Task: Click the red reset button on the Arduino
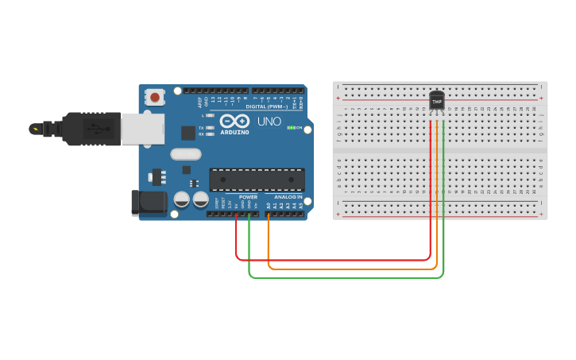click(x=155, y=98)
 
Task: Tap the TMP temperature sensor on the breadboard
click(x=436, y=101)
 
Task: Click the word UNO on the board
click(x=269, y=122)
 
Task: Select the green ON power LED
click(x=291, y=127)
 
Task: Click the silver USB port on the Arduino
click(x=143, y=129)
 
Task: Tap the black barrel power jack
click(x=149, y=203)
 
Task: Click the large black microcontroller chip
click(x=257, y=180)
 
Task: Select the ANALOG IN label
click(x=288, y=196)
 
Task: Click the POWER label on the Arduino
click(x=248, y=196)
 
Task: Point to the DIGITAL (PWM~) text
click(x=267, y=106)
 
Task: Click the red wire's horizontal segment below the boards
click(x=334, y=260)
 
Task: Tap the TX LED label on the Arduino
click(x=202, y=127)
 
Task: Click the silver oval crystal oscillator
click(x=186, y=154)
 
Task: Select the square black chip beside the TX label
click(x=188, y=133)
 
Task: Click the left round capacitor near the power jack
click(x=182, y=199)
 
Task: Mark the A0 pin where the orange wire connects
click(x=269, y=213)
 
